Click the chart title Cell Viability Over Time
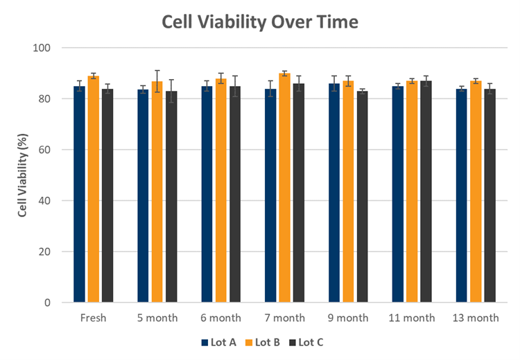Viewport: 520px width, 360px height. click(x=260, y=22)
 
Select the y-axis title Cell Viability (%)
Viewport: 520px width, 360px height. click(x=22, y=175)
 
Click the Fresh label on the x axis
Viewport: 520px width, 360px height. click(x=93, y=318)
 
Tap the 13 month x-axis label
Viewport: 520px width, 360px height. click(x=476, y=318)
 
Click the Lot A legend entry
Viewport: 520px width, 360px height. click(x=218, y=343)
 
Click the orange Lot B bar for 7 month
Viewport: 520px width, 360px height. click(x=284, y=188)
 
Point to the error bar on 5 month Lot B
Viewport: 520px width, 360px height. click(x=157, y=81)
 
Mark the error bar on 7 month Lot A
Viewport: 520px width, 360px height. click(x=270, y=89)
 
